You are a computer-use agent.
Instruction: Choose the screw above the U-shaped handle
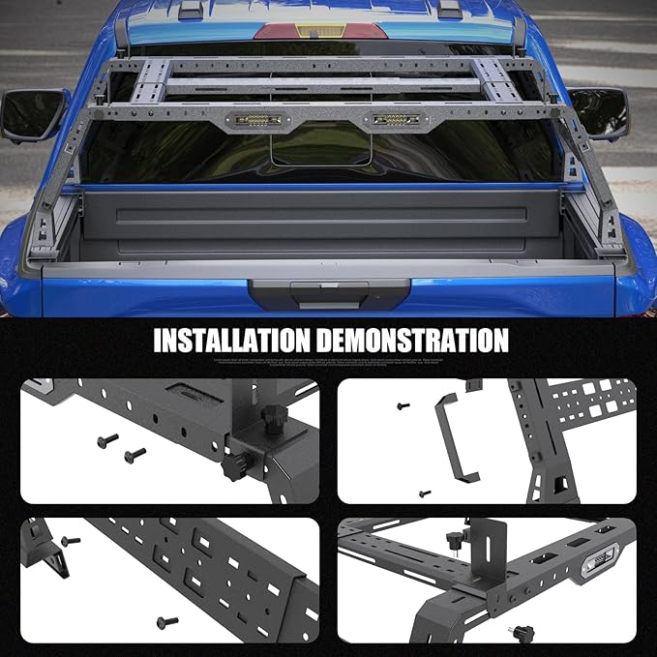[x=403, y=406]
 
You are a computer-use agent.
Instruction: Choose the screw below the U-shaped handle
[x=424, y=493]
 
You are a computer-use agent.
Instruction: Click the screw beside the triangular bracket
[x=69, y=541]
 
